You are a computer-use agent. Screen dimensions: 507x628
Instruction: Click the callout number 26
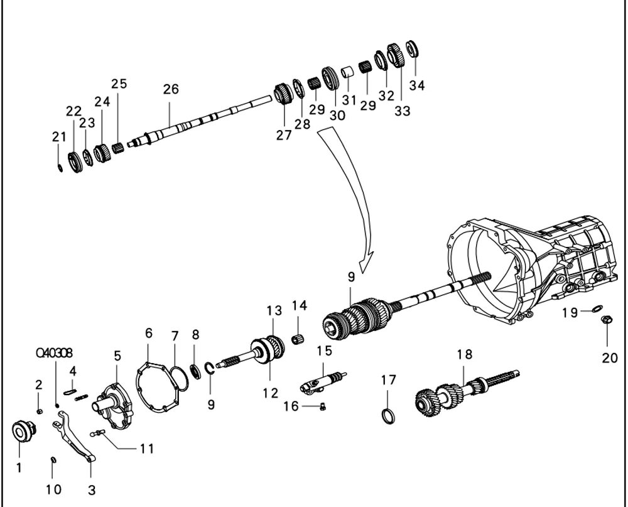[171, 89]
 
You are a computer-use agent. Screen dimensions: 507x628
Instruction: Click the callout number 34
[416, 85]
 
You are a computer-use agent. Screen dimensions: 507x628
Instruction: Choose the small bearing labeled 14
[299, 340]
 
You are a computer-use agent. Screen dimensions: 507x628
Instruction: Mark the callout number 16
[291, 406]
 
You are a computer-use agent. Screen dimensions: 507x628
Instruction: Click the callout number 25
[119, 83]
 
